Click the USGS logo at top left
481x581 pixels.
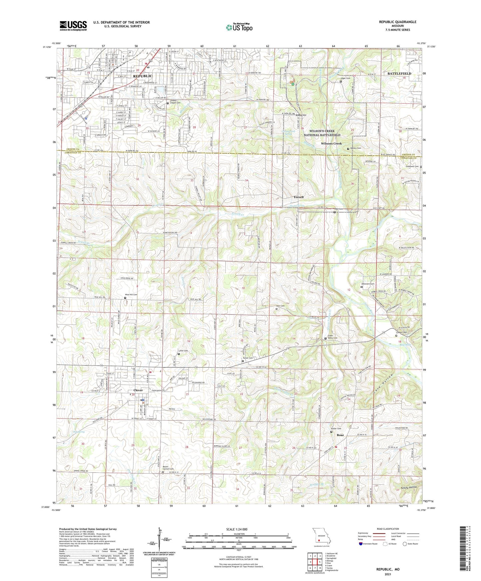click(73, 26)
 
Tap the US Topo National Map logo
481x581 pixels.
click(239, 27)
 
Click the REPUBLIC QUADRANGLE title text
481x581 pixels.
click(397, 22)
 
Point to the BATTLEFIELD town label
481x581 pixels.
click(399, 73)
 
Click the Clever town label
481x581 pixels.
click(138, 390)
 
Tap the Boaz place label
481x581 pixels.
click(340, 435)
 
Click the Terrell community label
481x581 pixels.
click(298, 197)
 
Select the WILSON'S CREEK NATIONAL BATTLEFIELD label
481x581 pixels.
click(322, 133)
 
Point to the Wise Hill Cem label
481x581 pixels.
click(131, 294)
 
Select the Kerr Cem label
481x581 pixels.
click(280, 306)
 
